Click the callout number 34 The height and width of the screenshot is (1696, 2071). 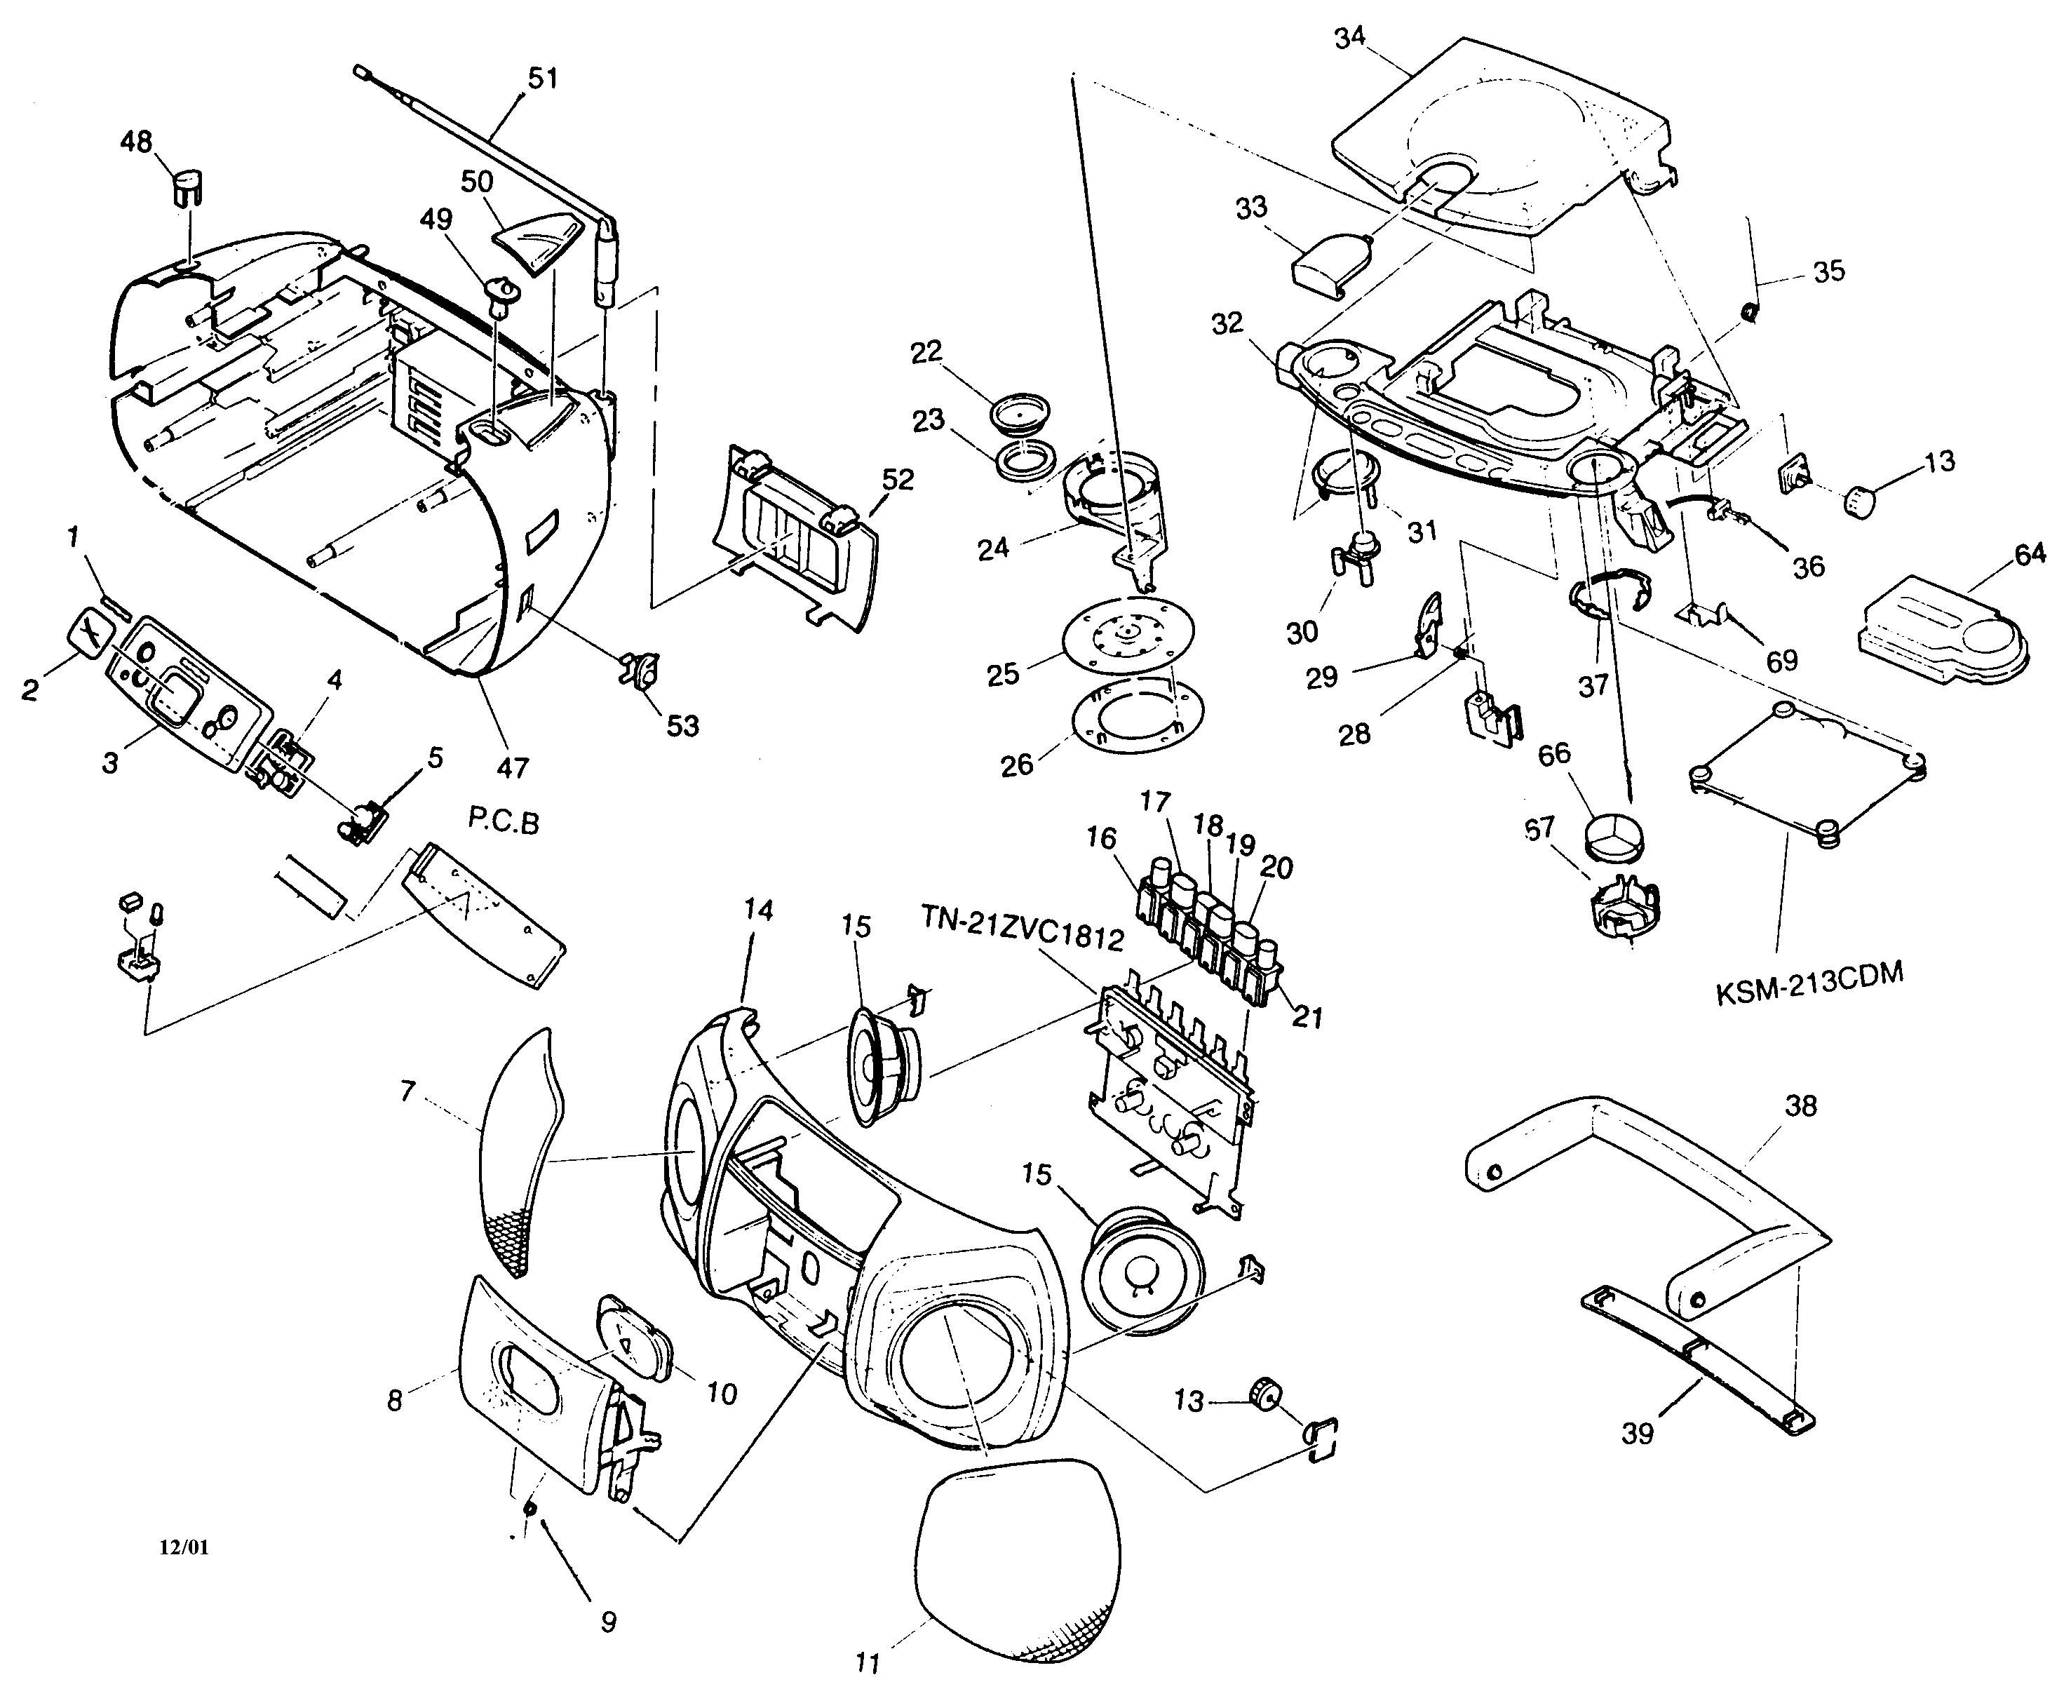[1350, 38]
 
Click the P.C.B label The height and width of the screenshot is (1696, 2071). [503, 823]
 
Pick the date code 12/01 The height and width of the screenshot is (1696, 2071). [184, 1547]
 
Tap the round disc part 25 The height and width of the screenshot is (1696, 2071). [1127, 633]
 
